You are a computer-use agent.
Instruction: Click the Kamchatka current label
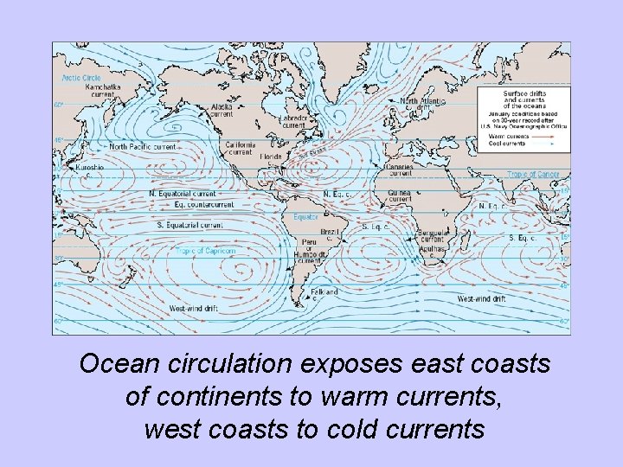coord(103,91)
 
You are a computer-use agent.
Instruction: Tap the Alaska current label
coord(222,111)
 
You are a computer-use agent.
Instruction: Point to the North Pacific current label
coord(142,147)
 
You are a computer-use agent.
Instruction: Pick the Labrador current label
coord(293,121)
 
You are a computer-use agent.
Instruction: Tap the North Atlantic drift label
coord(422,105)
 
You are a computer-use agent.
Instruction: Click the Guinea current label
coord(400,195)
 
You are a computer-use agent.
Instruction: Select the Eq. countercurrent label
coord(203,205)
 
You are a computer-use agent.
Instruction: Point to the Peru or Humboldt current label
coord(309,252)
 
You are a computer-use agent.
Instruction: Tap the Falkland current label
coord(324,295)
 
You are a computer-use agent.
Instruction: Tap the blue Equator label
coord(305,216)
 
